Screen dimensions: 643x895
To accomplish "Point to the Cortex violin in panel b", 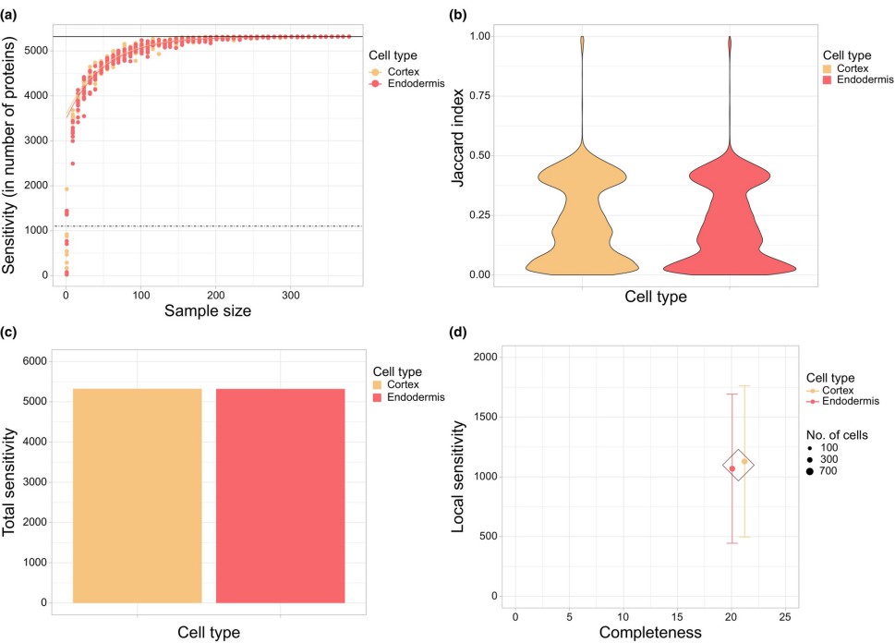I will pyautogui.click(x=582, y=212).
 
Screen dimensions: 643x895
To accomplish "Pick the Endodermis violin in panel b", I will pyautogui.click(x=730, y=212).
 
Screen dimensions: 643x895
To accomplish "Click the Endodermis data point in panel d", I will pyautogui.click(x=732, y=468).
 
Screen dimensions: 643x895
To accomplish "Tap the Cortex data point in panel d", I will pyautogui.click(x=744, y=461).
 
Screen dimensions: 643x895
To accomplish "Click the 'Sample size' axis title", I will pyautogui.click(x=207, y=311).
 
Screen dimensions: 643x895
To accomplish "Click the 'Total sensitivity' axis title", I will pyautogui.click(x=11, y=480).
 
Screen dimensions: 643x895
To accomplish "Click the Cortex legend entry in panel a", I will pyautogui.click(x=401, y=70).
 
